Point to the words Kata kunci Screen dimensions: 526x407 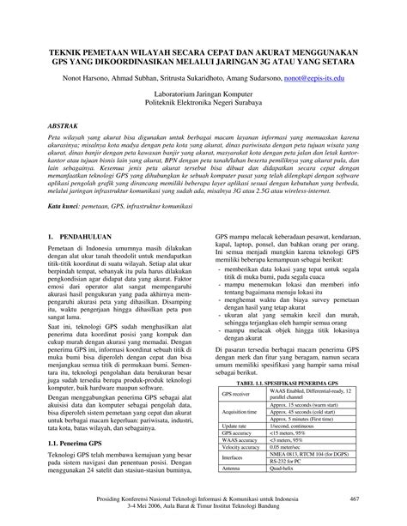(64, 207)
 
